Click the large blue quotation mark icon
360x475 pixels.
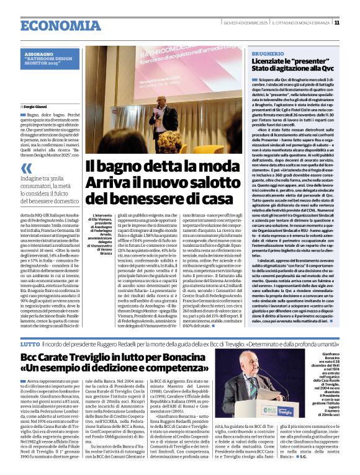point(25,168)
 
